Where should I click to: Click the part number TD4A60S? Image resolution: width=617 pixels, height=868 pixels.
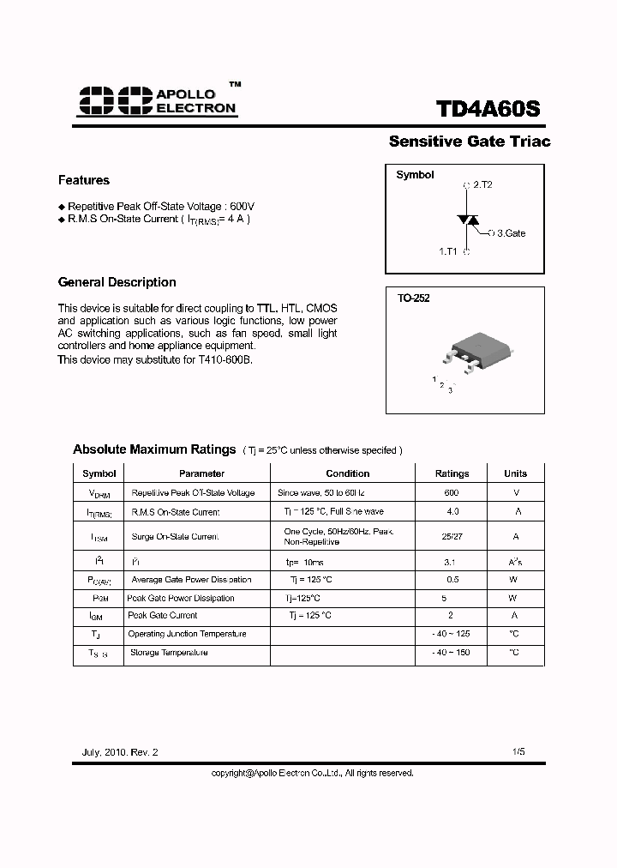pyautogui.click(x=488, y=110)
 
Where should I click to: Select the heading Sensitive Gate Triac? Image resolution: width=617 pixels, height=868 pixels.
pyautogui.click(x=469, y=142)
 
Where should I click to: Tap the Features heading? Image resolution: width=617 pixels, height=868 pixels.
pyautogui.click(x=84, y=180)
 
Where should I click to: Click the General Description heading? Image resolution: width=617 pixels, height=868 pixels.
pyautogui.click(x=117, y=282)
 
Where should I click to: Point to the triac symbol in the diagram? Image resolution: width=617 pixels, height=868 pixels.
pyautogui.click(x=468, y=220)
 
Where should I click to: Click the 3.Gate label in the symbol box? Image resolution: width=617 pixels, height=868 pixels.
pyautogui.click(x=511, y=233)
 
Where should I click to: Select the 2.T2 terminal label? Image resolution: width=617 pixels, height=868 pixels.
pyautogui.click(x=482, y=184)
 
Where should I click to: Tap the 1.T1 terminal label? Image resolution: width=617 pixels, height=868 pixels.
pyautogui.click(x=449, y=251)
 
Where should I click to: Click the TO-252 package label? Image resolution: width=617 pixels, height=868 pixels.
pyautogui.click(x=413, y=298)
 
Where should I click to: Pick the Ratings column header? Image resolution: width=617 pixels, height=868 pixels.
pyautogui.click(x=452, y=473)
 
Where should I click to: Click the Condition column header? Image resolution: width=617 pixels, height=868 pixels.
pyautogui.click(x=347, y=473)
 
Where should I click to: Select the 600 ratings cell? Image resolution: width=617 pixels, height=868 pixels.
pyautogui.click(x=452, y=493)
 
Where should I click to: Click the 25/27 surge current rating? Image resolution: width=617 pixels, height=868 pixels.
pyautogui.click(x=452, y=536)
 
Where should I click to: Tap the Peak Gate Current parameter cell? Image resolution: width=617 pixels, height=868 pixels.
pyautogui.click(x=162, y=616)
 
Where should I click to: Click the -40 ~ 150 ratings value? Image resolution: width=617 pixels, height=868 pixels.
pyautogui.click(x=452, y=653)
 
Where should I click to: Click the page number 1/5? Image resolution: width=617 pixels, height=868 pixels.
pyautogui.click(x=518, y=751)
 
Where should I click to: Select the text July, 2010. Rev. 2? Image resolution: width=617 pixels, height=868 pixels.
pyautogui.click(x=120, y=751)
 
